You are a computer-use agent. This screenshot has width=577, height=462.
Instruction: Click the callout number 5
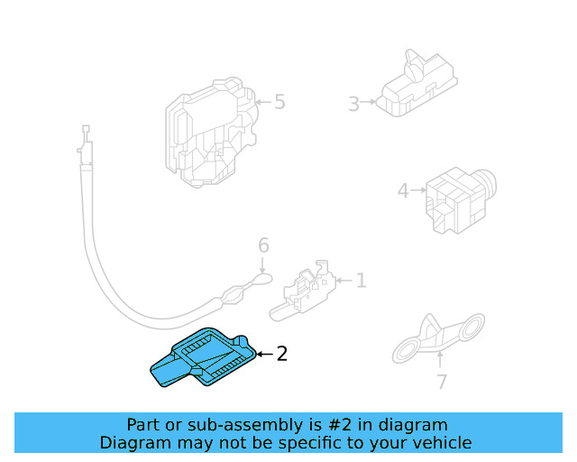click(x=279, y=102)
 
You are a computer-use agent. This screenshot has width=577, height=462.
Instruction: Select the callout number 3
click(x=353, y=104)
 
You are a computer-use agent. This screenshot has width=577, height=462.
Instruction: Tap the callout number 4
click(x=403, y=190)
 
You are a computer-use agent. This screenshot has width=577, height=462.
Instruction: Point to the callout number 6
click(x=263, y=245)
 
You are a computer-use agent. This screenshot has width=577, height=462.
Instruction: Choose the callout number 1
click(x=361, y=281)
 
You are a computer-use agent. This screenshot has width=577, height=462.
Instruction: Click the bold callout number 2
click(x=281, y=354)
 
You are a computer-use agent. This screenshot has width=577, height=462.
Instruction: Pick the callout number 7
click(x=441, y=382)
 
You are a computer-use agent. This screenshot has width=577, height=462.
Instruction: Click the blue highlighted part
click(x=203, y=359)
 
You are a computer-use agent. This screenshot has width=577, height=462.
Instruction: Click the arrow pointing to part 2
click(x=263, y=354)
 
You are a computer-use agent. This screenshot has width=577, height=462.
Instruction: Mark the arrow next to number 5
click(x=262, y=103)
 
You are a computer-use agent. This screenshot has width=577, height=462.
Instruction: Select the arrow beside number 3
click(x=370, y=104)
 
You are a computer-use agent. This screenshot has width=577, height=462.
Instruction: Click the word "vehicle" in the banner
click(x=440, y=442)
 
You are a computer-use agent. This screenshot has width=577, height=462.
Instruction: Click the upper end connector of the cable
click(x=85, y=144)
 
